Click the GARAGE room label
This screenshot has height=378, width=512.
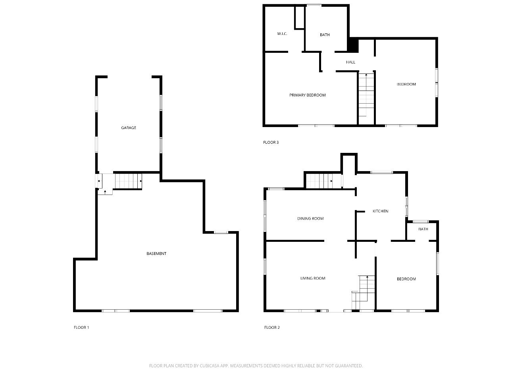coord(128,128)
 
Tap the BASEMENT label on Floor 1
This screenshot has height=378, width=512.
coord(156,254)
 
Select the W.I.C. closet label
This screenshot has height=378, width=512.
coord(282,34)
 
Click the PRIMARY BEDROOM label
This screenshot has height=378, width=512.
coord(307,95)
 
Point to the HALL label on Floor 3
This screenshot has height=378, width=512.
coord(350,62)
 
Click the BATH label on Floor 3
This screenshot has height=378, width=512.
coord(325,35)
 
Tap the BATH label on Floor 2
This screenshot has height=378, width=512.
coord(423,229)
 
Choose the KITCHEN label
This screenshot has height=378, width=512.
coord(380,211)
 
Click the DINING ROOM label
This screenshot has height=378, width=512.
coord(310,218)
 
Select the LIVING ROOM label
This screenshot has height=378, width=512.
coord(312,278)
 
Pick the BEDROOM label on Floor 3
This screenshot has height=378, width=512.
coord(406,84)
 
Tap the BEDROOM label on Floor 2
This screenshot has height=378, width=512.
coord(406,279)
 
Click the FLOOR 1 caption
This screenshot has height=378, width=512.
coord(81,328)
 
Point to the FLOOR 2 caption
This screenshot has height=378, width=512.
coord(272,328)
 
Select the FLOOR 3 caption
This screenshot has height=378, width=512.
coord(271,143)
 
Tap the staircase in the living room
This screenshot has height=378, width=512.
coord(363,292)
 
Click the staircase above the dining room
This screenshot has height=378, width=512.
coord(323,181)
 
